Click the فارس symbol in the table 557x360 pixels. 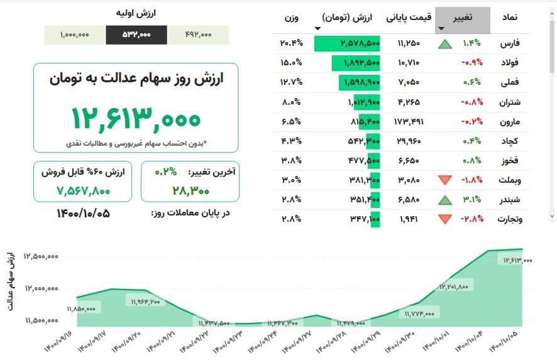click(505, 44)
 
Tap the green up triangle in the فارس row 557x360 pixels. click(445, 44)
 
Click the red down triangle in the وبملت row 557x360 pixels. click(445, 180)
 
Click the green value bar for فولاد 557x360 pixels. click(353, 63)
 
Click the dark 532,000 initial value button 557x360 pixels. click(136, 35)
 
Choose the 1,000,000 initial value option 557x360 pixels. click(75, 35)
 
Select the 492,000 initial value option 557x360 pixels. click(199, 35)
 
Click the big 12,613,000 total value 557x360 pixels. click(135, 117)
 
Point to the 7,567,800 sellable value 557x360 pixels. click(83, 190)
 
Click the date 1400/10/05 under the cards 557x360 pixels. click(83, 213)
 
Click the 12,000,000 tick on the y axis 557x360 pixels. click(41, 288)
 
